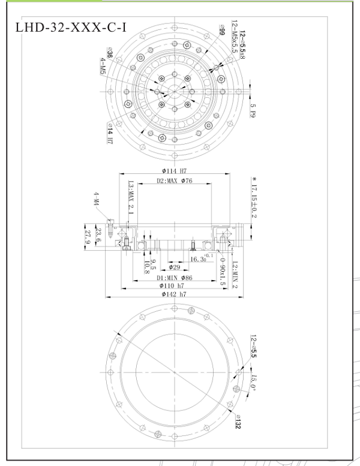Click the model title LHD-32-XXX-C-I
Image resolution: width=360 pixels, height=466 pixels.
70,27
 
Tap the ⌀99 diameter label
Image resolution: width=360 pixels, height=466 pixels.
222,34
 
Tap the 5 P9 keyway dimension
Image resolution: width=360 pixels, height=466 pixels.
253,110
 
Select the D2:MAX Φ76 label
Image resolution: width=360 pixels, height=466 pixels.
174,181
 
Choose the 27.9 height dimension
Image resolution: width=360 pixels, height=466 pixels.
88,236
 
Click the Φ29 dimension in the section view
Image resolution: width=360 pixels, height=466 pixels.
175,266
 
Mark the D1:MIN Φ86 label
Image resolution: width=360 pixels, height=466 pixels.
174,278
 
